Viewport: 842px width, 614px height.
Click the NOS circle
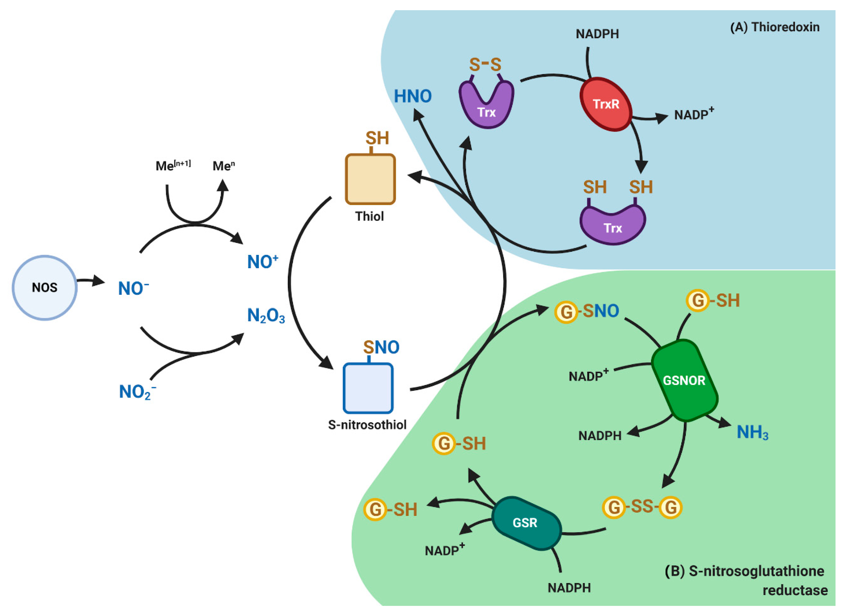coord(44,288)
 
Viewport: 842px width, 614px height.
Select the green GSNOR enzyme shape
coord(684,380)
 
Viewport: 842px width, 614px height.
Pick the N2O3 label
coord(266,316)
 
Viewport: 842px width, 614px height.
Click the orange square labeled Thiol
coord(370,179)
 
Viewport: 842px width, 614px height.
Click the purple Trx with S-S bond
coord(486,106)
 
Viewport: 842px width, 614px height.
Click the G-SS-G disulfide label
coord(642,507)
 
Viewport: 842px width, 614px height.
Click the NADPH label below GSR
coord(569,588)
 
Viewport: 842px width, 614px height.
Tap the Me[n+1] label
coord(173,165)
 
